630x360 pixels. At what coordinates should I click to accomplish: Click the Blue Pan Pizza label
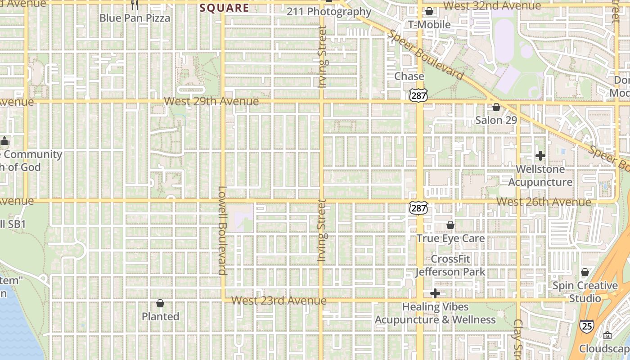[x=135, y=18]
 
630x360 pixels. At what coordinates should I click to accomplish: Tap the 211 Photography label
[x=329, y=12]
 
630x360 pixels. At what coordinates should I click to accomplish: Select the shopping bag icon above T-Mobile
[x=429, y=11]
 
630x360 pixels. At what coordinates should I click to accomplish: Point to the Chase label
[x=409, y=76]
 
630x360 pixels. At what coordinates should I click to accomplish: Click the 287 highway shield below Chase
[x=418, y=94]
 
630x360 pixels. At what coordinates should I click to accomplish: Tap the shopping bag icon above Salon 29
[x=496, y=107]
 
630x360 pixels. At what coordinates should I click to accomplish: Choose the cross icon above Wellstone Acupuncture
[x=540, y=156]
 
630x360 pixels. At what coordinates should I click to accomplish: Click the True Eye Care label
[x=450, y=238]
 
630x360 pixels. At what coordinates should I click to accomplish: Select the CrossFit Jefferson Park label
[x=450, y=265]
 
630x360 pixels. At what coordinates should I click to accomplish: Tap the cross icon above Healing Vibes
[x=435, y=294]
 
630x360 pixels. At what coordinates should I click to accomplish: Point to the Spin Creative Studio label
[x=585, y=292]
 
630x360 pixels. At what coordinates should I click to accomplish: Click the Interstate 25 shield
[x=586, y=326]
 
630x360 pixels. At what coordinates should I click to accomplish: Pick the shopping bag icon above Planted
[x=160, y=303]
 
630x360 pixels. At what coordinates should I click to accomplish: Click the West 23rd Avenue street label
[x=279, y=300]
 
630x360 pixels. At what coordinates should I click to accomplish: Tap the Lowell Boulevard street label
[x=222, y=230]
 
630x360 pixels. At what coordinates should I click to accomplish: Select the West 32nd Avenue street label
[x=492, y=6]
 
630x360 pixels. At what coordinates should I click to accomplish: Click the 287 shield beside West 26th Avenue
[x=418, y=207]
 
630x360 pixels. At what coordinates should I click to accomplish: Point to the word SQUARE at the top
[x=224, y=8]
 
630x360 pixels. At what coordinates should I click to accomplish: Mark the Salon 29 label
[x=496, y=120]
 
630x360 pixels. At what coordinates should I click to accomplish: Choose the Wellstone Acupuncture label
[x=540, y=176]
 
